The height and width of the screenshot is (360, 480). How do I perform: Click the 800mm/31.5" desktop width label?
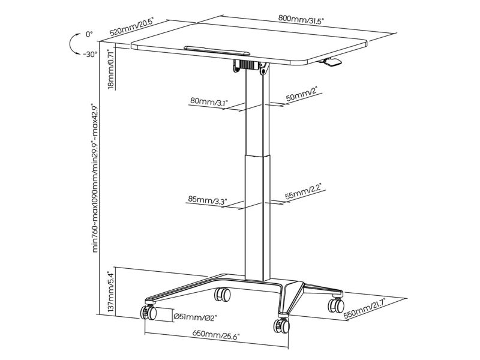(x=301, y=19)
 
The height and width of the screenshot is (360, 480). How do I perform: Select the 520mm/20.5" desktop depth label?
(x=131, y=28)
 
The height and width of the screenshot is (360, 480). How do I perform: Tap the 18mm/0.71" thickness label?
(x=111, y=70)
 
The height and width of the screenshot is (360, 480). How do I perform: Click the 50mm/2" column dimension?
(x=302, y=94)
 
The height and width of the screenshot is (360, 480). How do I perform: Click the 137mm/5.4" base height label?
(x=111, y=292)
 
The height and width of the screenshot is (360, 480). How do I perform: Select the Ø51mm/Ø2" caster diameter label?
(x=195, y=317)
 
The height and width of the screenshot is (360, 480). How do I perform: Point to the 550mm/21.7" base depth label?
(x=364, y=308)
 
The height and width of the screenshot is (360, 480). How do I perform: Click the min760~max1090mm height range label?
(x=95, y=178)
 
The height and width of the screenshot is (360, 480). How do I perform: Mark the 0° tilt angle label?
(x=89, y=34)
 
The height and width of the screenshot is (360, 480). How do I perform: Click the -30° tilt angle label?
(x=90, y=55)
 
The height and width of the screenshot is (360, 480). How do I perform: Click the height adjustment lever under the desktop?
(x=329, y=61)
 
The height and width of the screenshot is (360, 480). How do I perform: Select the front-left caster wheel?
(x=148, y=312)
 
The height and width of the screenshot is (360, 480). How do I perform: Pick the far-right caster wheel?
(x=336, y=305)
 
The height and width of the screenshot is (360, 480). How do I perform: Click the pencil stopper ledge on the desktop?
(x=217, y=50)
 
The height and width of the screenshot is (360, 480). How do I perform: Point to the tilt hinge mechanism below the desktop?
(x=251, y=66)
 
